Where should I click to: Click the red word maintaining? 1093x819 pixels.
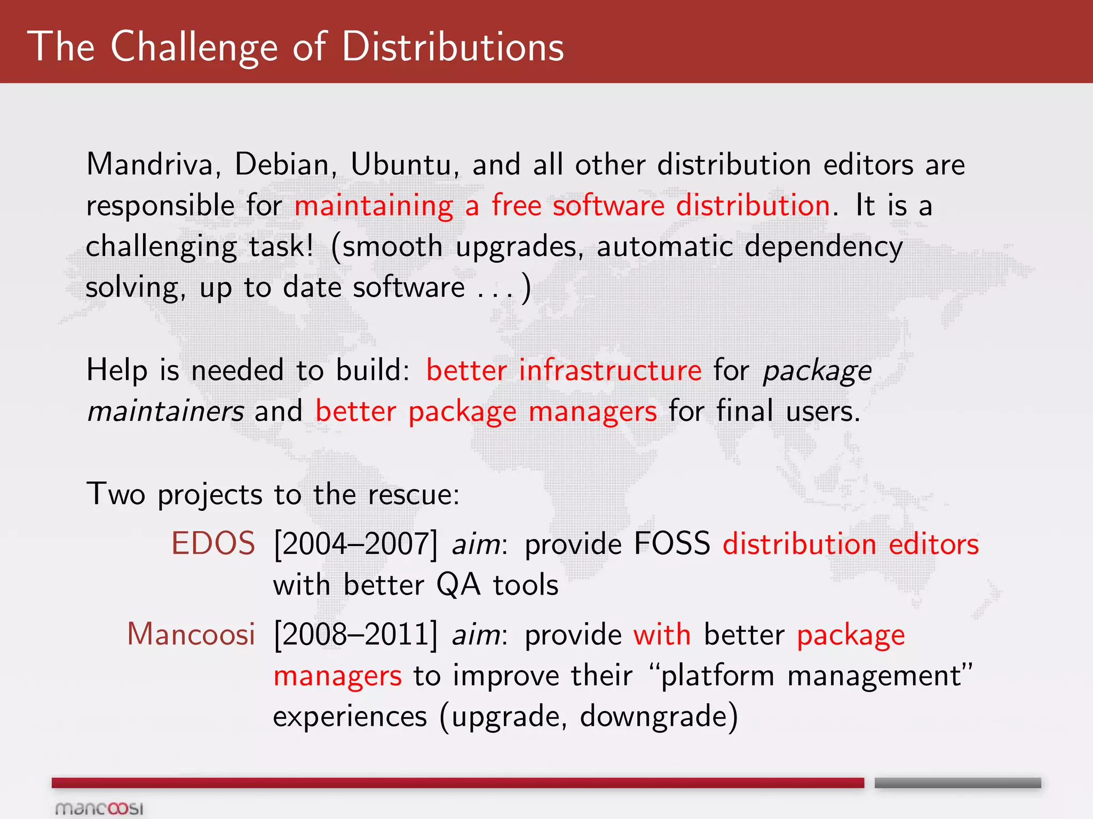point(374,206)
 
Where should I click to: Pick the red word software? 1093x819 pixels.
point(608,205)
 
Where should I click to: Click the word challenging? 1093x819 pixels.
point(161,247)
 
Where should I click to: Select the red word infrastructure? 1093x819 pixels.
point(610,370)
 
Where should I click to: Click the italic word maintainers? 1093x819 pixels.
point(165,412)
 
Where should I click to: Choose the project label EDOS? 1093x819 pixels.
point(213,544)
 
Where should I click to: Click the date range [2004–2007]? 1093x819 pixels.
point(355,544)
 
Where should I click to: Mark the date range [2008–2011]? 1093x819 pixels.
point(355,635)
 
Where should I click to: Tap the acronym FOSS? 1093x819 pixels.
point(672,544)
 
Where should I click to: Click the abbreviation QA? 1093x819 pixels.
point(458,585)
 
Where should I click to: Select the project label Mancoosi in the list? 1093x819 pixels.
point(191,635)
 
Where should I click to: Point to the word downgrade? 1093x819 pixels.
point(659,717)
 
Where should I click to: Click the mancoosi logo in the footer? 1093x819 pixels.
point(99,808)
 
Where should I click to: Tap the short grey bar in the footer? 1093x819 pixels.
point(957,783)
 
